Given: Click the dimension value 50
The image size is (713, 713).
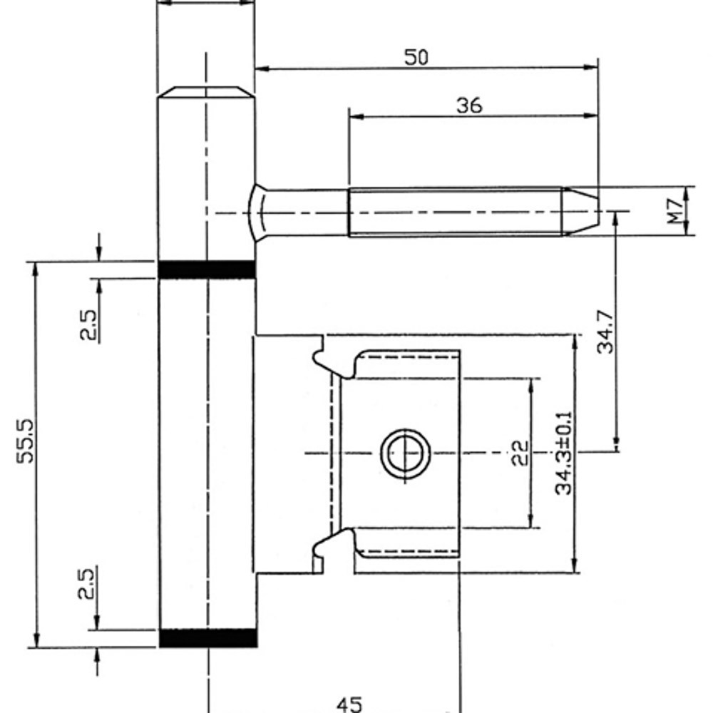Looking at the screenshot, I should click(x=416, y=57).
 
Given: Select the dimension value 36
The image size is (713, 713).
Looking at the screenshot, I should click(x=468, y=105).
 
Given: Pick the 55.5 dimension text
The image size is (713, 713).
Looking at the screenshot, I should click(x=26, y=442).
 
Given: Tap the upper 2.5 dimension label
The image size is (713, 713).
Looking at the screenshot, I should click(x=87, y=324).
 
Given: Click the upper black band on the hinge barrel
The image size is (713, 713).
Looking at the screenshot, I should click(x=206, y=270).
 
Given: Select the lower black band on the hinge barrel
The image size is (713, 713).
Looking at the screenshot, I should click(x=206, y=638).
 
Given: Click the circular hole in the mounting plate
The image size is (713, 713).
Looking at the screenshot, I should click(x=404, y=453).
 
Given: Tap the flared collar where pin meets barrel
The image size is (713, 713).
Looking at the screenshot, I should click(x=257, y=212).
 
